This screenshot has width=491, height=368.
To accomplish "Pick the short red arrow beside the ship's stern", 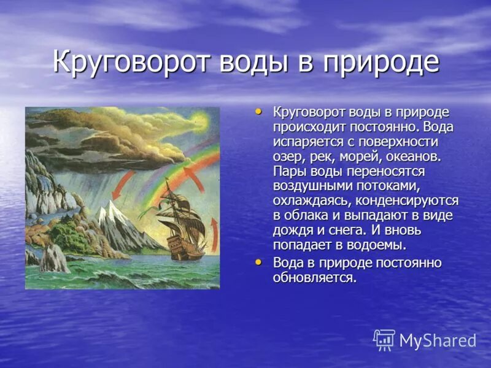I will [x=214, y=233].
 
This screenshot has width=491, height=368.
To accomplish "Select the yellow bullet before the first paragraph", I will [x=258, y=111].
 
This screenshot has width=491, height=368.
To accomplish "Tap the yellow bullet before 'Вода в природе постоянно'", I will [x=258, y=261].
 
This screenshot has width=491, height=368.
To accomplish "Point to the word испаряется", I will [x=304, y=142].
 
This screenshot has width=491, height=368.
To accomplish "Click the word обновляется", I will [x=315, y=277].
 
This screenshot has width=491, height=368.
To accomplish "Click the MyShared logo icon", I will [x=384, y=340].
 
